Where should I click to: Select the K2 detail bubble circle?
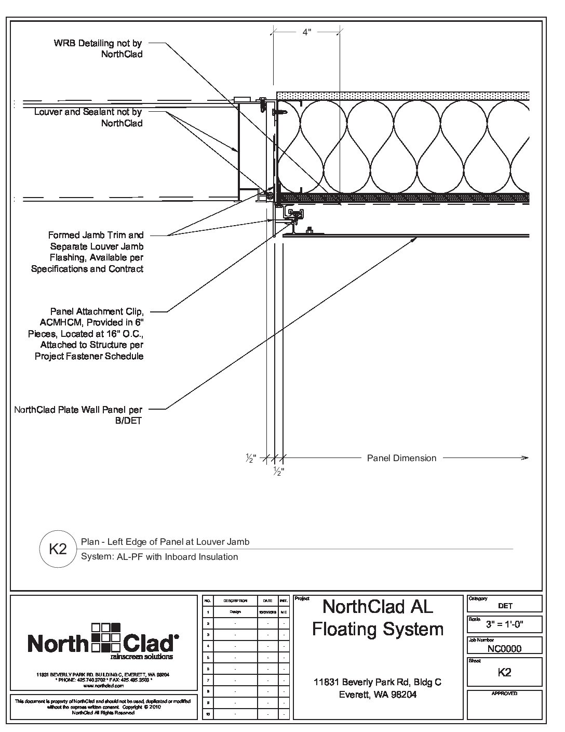click(58, 548)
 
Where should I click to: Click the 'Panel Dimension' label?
click(401, 458)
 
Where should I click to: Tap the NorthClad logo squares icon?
click(106, 637)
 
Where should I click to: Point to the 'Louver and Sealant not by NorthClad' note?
click(88, 117)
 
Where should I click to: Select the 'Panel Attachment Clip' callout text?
click(86, 334)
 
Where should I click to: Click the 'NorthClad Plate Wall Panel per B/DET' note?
click(78, 415)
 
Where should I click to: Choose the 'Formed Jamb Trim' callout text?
click(87, 252)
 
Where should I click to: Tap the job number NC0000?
click(504, 648)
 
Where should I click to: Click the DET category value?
click(505, 606)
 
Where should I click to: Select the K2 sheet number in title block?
click(504, 672)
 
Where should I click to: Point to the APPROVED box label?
click(504, 694)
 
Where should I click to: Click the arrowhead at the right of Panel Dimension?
click(525, 458)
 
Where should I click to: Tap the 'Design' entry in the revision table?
click(235, 612)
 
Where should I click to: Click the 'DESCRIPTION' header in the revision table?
click(235, 600)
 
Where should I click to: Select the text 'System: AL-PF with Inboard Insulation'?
click(160, 557)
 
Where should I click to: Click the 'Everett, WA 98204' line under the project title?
click(378, 695)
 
